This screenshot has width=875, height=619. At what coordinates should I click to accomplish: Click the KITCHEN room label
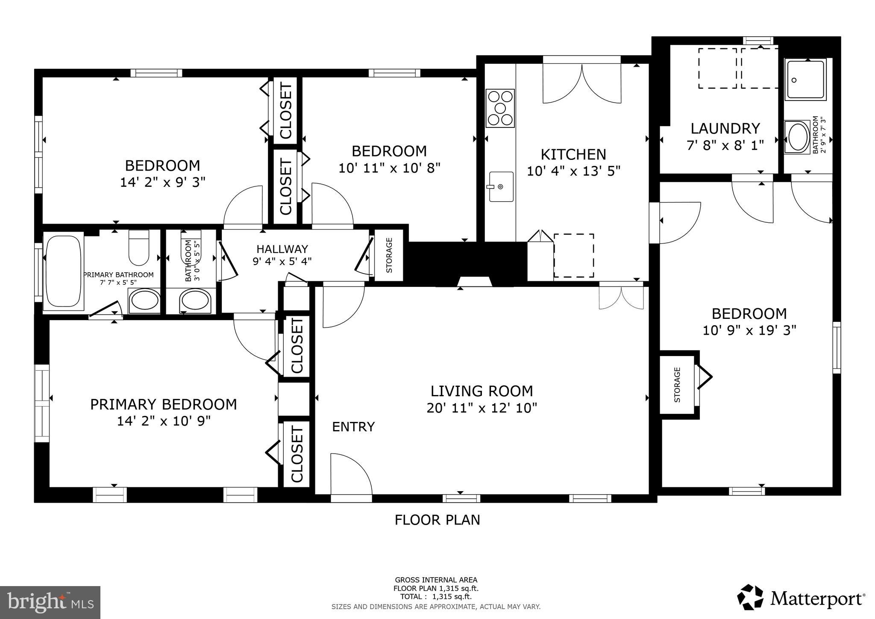coord(573,154)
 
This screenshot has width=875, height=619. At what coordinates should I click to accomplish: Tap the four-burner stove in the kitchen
coord(500,108)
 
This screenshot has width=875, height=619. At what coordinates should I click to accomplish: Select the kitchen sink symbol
coord(501,186)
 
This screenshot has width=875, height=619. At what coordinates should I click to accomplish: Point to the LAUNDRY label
coord(725,129)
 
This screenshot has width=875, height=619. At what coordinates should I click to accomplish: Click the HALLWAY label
coord(282,249)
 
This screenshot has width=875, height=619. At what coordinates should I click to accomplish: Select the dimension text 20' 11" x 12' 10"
coord(482,408)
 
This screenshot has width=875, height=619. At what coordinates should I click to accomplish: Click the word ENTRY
coord(353,427)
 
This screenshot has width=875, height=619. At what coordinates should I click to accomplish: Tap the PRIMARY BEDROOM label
coord(163,404)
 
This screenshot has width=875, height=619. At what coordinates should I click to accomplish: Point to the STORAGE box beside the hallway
coord(389,255)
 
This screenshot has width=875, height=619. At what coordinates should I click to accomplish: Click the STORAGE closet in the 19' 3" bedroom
coord(677,384)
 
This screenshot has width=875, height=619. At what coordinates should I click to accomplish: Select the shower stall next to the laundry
coord(806,80)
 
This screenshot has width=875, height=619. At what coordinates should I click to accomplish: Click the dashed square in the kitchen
coord(573,256)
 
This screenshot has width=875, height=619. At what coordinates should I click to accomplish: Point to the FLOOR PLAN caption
coord(437,520)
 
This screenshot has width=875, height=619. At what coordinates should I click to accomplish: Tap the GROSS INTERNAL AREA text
coord(436,580)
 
